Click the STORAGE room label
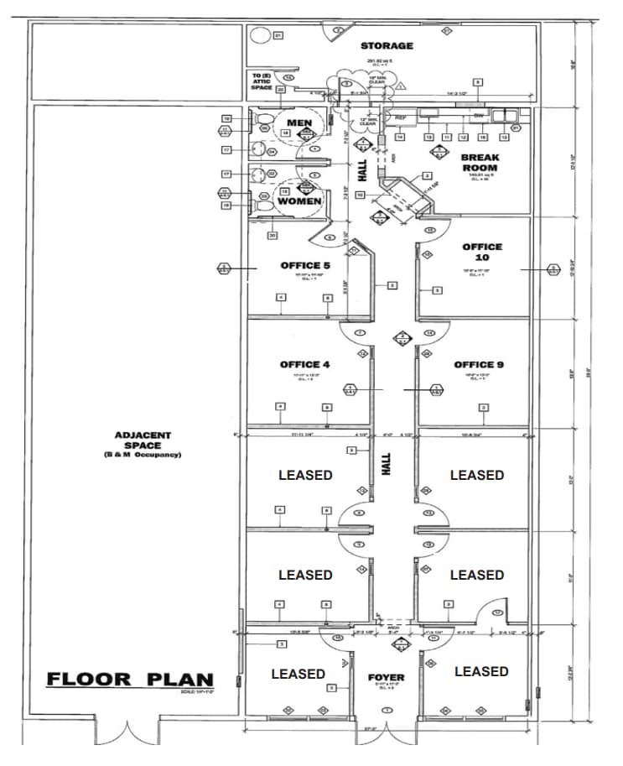click(x=387, y=46)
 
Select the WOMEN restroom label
click(x=299, y=201)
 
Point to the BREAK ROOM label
click(x=479, y=162)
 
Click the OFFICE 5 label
click(x=305, y=266)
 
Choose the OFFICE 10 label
click(x=482, y=252)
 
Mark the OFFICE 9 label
click(x=479, y=364)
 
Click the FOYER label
click(x=386, y=677)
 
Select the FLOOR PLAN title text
click(x=130, y=679)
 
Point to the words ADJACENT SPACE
click(x=143, y=440)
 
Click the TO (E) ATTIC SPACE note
click(x=262, y=81)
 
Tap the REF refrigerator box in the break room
click(x=400, y=117)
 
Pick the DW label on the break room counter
click(x=479, y=116)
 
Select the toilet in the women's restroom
click(x=262, y=199)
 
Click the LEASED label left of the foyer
click(x=298, y=674)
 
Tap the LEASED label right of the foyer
click(x=481, y=671)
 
